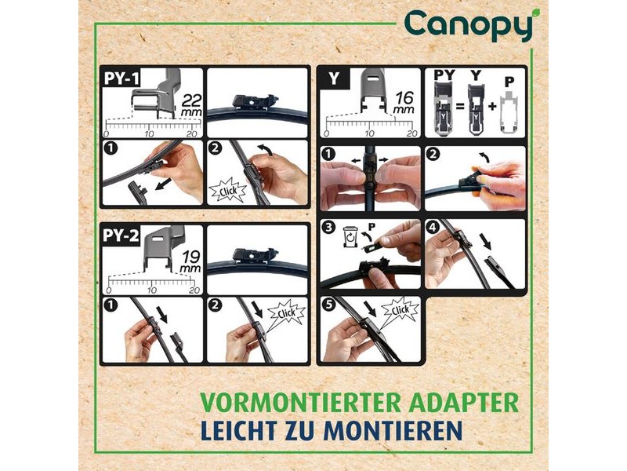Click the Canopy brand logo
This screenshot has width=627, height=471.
(x=469, y=25)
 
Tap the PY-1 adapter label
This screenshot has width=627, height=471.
(x=121, y=78)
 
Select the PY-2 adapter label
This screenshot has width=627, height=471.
(x=121, y=235)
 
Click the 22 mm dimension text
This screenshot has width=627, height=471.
(x=191, y=105)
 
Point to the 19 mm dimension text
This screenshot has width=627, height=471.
(x=190, y=262)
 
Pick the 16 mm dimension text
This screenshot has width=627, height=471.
(x=404, y=103)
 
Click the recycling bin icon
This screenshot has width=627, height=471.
(x=350, y=236)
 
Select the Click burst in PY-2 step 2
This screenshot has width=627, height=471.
(x=286, y=312)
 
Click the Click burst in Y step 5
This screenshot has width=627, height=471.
(x=400, y=310)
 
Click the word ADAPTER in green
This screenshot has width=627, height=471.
(x=464, y=403)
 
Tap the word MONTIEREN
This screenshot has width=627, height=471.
(x=393, y=429)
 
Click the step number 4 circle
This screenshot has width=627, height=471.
(x=433, y=228)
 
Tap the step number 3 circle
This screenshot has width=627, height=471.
(x=328, y=228)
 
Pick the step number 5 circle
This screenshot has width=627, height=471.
(x=328, y=305)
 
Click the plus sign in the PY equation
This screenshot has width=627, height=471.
(x=492, y=107)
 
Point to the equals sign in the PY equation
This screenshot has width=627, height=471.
(x=460, y=107)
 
